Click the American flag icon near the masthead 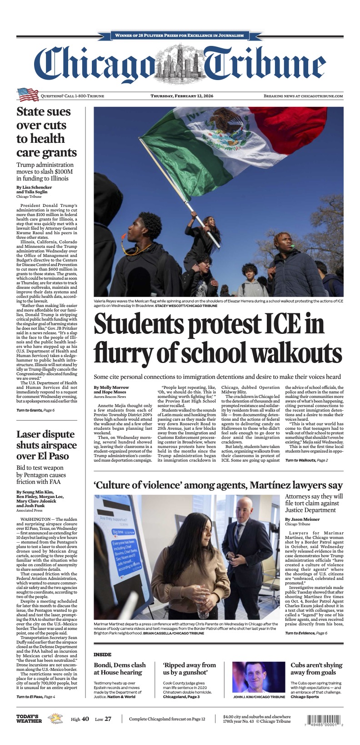tap(27, 95)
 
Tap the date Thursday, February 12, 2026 tap(182, 96)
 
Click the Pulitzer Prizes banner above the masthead tap(180, 35)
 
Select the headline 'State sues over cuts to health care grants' tap(46, 132)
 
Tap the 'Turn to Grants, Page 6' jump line tap(35, 410)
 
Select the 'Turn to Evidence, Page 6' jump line tap(306, 633)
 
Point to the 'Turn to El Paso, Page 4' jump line tap(36, 696)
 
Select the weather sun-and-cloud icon tap(57, 719)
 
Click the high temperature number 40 tap(85, 720)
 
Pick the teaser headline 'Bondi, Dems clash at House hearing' tap(120, 669)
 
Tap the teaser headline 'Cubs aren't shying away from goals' tap(316, 669)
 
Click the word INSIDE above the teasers tap(102, 654)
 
